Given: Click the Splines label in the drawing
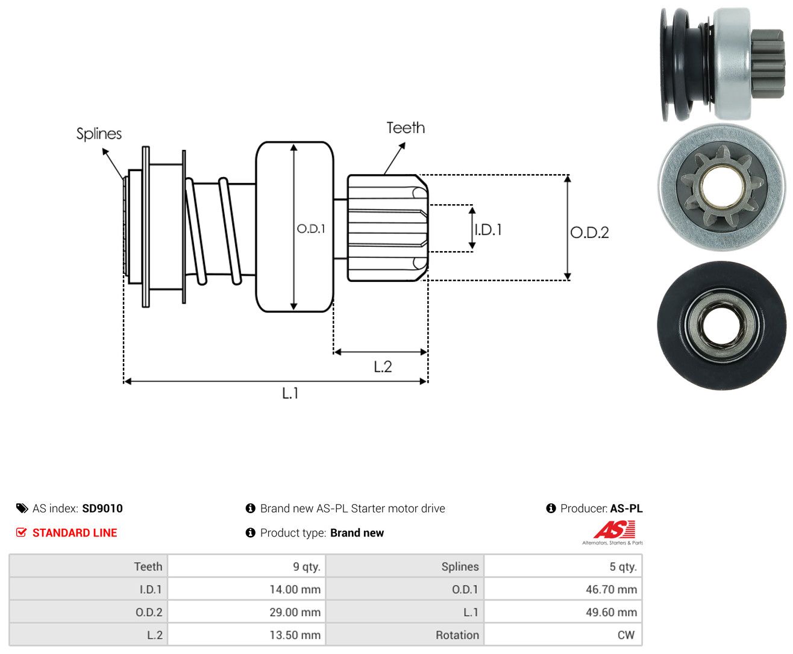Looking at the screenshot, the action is [99, 134].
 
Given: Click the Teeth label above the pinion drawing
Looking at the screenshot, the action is [405, 128].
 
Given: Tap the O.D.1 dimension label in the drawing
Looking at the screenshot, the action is [311, 228].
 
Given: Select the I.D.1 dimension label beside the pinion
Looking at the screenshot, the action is [488, 229].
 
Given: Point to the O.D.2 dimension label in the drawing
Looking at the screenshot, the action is [589, 232].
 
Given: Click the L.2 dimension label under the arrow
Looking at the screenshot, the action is [383, 367].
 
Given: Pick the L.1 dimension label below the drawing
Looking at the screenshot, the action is [290, 393].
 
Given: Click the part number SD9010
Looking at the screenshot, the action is [102, 508].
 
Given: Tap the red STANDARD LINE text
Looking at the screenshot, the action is [75, 532].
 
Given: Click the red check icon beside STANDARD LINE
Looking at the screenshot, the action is [21, 532].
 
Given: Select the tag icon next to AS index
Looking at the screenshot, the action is [22, 508].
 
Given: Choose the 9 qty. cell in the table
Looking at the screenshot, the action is [246, 566].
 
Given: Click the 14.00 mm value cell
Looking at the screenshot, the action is [246, 589].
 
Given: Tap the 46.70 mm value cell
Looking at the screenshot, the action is [563, 589].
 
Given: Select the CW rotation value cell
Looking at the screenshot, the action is [563, 635].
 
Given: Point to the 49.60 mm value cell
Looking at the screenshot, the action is [563, 612].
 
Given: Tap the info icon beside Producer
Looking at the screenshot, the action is [551, 508].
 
